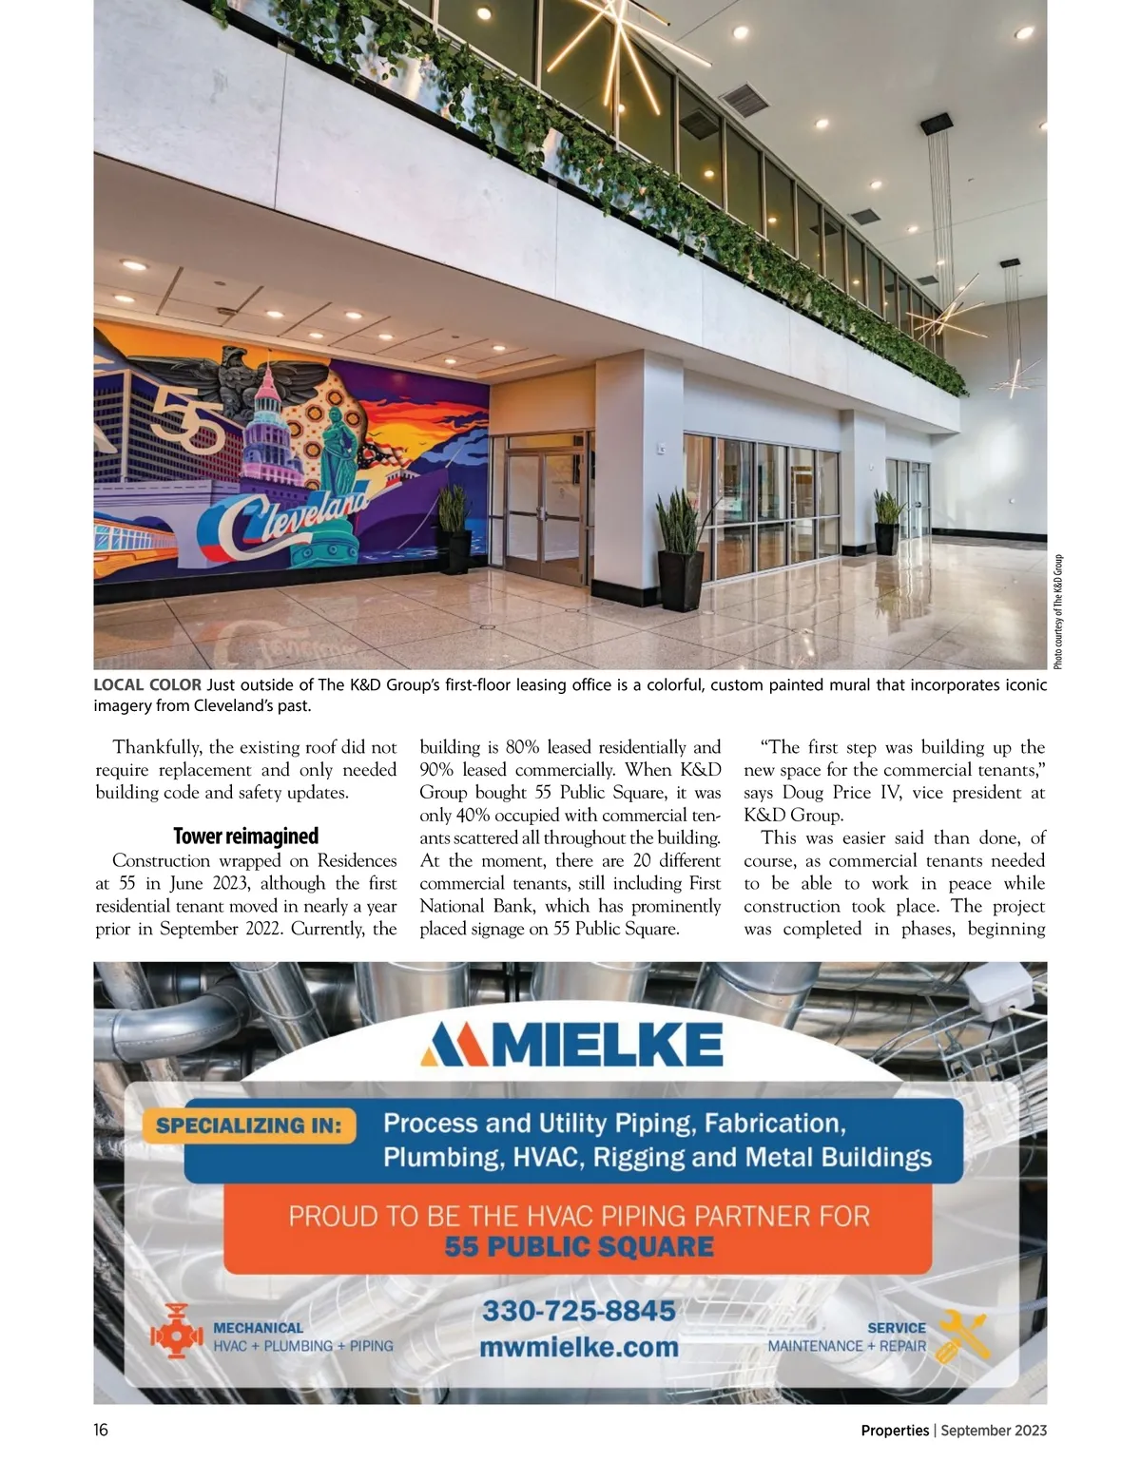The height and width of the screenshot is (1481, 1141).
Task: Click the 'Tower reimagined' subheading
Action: coord(245,837)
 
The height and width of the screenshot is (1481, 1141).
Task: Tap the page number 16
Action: coord(101,1430)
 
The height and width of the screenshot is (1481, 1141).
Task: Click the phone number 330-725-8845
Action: coord(578,1311)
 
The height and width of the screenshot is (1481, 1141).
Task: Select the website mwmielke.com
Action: coord(578,1347)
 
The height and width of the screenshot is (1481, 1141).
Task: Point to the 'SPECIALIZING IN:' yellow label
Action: coord(248,1126)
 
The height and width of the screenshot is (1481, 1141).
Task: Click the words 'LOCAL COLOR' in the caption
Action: coord(147,684)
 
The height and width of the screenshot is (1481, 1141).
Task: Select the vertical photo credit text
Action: coord(1058,610)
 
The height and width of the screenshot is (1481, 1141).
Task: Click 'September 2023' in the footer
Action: coord(994,1430)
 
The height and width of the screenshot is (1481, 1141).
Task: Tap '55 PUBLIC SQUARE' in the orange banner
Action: coord(578,1246)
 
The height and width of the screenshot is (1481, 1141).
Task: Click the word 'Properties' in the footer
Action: coord(895,1430)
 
